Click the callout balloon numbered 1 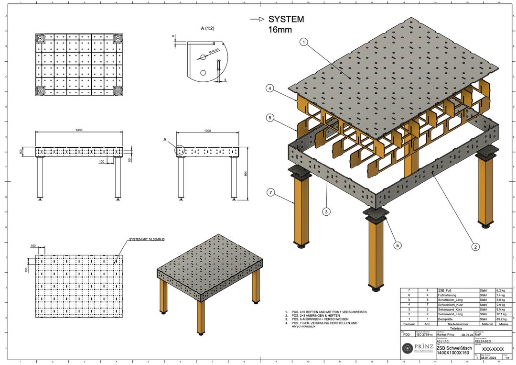tap(303, 42)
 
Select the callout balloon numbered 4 tap(270, 88)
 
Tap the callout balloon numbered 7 tap(270, 193)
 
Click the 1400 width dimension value tap(78, 130)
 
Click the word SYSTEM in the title tap(286, 20)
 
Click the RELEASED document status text tap(484, 342)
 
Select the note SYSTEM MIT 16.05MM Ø tap(147, 240)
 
